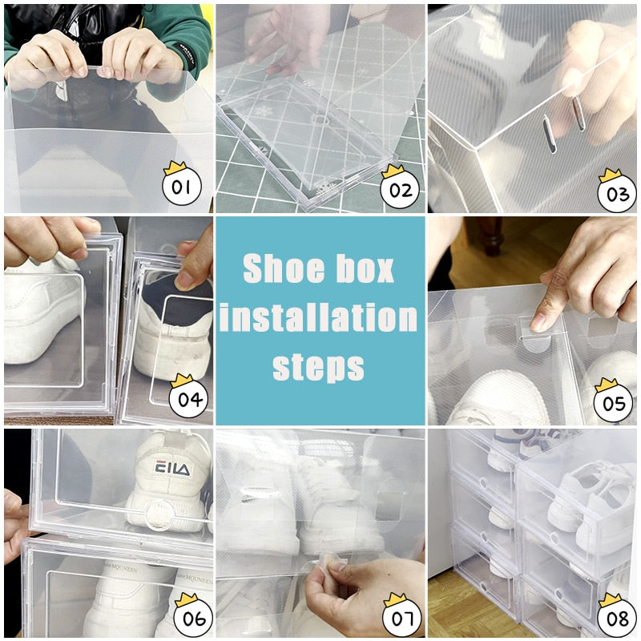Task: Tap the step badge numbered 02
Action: click(400, 190)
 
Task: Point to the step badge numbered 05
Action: click(614, 403)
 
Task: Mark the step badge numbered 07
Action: click(401, 618)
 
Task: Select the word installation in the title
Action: click(319, 318)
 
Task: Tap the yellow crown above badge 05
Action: click(607, 383)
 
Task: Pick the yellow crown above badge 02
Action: click(393, 171)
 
